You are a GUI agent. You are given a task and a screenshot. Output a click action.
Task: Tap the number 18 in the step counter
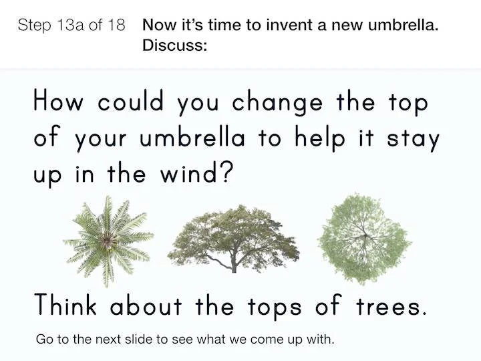click(116, 25)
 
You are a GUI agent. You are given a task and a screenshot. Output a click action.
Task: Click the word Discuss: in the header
click(174, 45)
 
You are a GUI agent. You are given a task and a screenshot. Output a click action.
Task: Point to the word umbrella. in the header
click(403, 25)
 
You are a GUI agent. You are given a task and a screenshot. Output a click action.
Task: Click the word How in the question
click(58, 100)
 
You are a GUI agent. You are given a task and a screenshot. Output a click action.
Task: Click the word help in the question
click(320, 138)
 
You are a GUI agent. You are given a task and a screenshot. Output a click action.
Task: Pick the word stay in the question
click(414, 139)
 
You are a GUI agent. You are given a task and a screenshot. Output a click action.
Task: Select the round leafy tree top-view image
click(365, 239)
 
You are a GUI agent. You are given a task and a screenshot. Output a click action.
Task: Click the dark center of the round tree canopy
click(365, 235)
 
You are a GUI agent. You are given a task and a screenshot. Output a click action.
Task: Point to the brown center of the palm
click(108, 241)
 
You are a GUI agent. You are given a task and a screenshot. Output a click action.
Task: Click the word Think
click(65, 304)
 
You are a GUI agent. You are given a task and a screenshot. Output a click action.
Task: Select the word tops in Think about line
click(275, 307)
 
